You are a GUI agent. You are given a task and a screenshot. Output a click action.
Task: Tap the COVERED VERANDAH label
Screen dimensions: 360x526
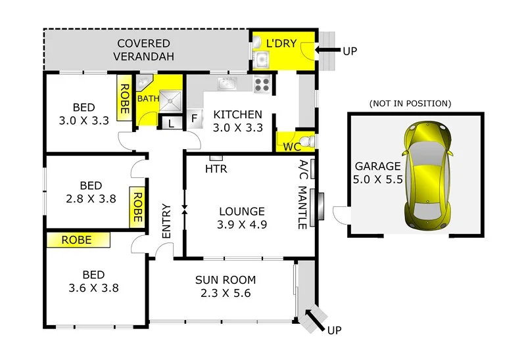pyautogui.click(x=145, y=50)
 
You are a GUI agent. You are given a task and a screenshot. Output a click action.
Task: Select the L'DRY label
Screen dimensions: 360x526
pyautogui.click(x=281, y=43)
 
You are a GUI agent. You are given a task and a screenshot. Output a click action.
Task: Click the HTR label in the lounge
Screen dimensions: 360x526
pyautogui.click(x=216, y=169)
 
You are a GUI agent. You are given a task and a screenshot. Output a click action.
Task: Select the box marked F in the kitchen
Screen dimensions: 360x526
pyautogui.click(x=195, y=119)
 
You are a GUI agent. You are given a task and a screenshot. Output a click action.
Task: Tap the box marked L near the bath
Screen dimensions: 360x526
pyautogui.click(x=171, y=123)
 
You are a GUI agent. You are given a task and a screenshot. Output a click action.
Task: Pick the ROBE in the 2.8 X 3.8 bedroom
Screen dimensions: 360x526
pyautogui.click(x=137, y=208)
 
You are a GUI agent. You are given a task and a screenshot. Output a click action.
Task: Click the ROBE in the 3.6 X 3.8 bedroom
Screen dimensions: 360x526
pyautogui.click(x=77, y=240)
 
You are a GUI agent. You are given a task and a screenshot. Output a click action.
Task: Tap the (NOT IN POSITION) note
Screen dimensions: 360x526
pyautogui.click(x=410, y=103)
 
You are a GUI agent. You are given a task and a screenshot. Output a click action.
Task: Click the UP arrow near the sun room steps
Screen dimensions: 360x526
pyautogui.click(x=316, y=322)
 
